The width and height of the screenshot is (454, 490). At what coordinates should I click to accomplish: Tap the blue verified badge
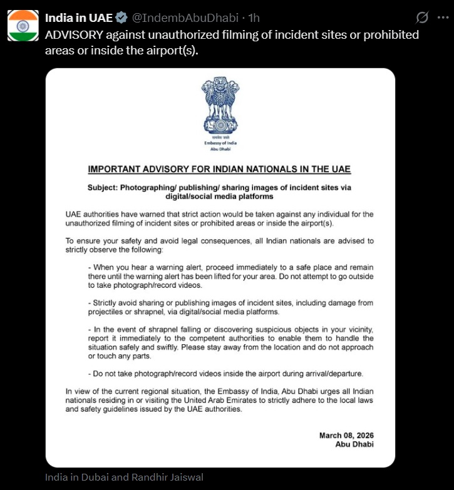point(122,17)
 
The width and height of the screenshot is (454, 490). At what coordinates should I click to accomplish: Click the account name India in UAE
point(78,17)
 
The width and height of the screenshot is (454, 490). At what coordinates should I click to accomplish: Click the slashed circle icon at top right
point(422,17)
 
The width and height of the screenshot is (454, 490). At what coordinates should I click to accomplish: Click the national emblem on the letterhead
point(220,106)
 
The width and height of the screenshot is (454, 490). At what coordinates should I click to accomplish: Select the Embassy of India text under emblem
point(220,143)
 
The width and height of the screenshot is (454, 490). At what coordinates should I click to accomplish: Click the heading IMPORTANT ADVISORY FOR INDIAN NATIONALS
point(220,170)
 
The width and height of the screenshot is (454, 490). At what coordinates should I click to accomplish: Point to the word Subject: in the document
point(103,188)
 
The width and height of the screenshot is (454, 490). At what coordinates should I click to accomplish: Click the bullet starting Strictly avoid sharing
point(230,307)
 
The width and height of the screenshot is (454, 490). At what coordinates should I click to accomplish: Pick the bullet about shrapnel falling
point(230,342)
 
